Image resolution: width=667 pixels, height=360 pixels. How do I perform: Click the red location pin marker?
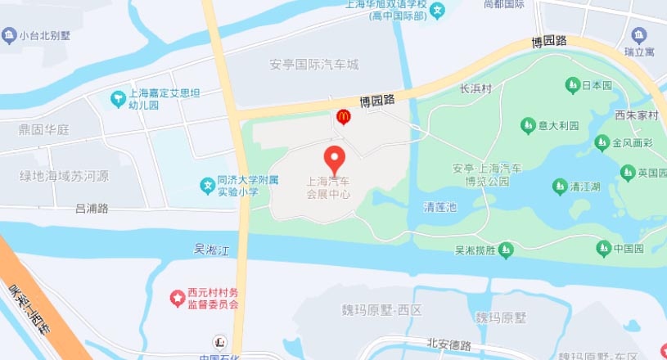(x=335, y=157)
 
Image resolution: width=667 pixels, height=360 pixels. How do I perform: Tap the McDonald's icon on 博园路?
(x=344, y=118)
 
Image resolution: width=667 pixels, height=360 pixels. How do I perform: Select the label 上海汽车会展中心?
(x=328, y=188)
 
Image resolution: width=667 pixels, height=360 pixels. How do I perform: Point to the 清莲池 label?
(x=439, y=207)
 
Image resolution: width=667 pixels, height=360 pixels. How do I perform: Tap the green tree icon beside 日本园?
(x=572, y=85)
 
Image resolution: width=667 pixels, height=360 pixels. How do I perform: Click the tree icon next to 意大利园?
(x=527, y=125)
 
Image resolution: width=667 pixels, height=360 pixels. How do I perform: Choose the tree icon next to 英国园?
(x=628, y=172)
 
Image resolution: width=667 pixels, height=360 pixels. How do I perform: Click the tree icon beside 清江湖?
(x=560, y=187)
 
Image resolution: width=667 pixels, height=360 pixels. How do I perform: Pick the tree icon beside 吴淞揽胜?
(x=507, y=249)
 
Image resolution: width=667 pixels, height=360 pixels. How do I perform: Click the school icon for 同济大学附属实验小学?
(x=209, y=186)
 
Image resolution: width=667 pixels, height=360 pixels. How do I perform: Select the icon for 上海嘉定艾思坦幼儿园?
(x=117, y=99)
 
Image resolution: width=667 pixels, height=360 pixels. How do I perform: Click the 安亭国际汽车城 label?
(x=314, y=64)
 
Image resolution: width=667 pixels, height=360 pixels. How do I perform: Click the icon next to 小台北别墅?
(x=9, y=34)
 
